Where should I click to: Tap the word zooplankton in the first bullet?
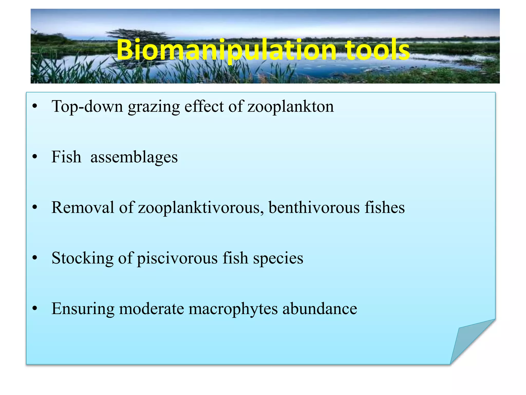pos(290,106)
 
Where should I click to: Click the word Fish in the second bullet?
pos(66,157)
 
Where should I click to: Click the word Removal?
pos(83,207)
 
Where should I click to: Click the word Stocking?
pos(82,258)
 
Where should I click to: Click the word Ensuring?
pos(83,309)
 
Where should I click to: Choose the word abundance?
pos(320,308)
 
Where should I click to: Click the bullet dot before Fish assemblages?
pos(35,157)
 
